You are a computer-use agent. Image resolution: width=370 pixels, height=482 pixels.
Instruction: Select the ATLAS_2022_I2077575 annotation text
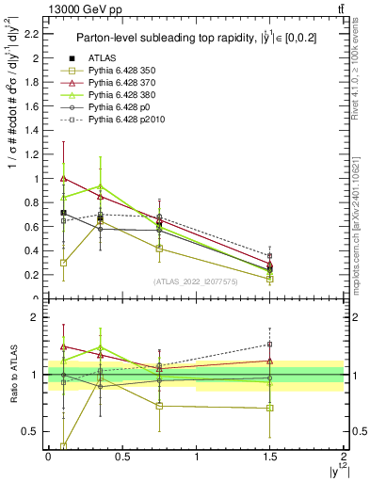point(195,281)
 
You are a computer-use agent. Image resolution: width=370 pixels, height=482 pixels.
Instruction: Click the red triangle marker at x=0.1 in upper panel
point(63,177)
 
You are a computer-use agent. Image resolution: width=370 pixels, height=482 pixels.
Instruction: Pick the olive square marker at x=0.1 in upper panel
point(63,263)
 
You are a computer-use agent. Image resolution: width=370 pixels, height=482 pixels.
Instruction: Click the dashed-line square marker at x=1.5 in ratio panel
point(269,345)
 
